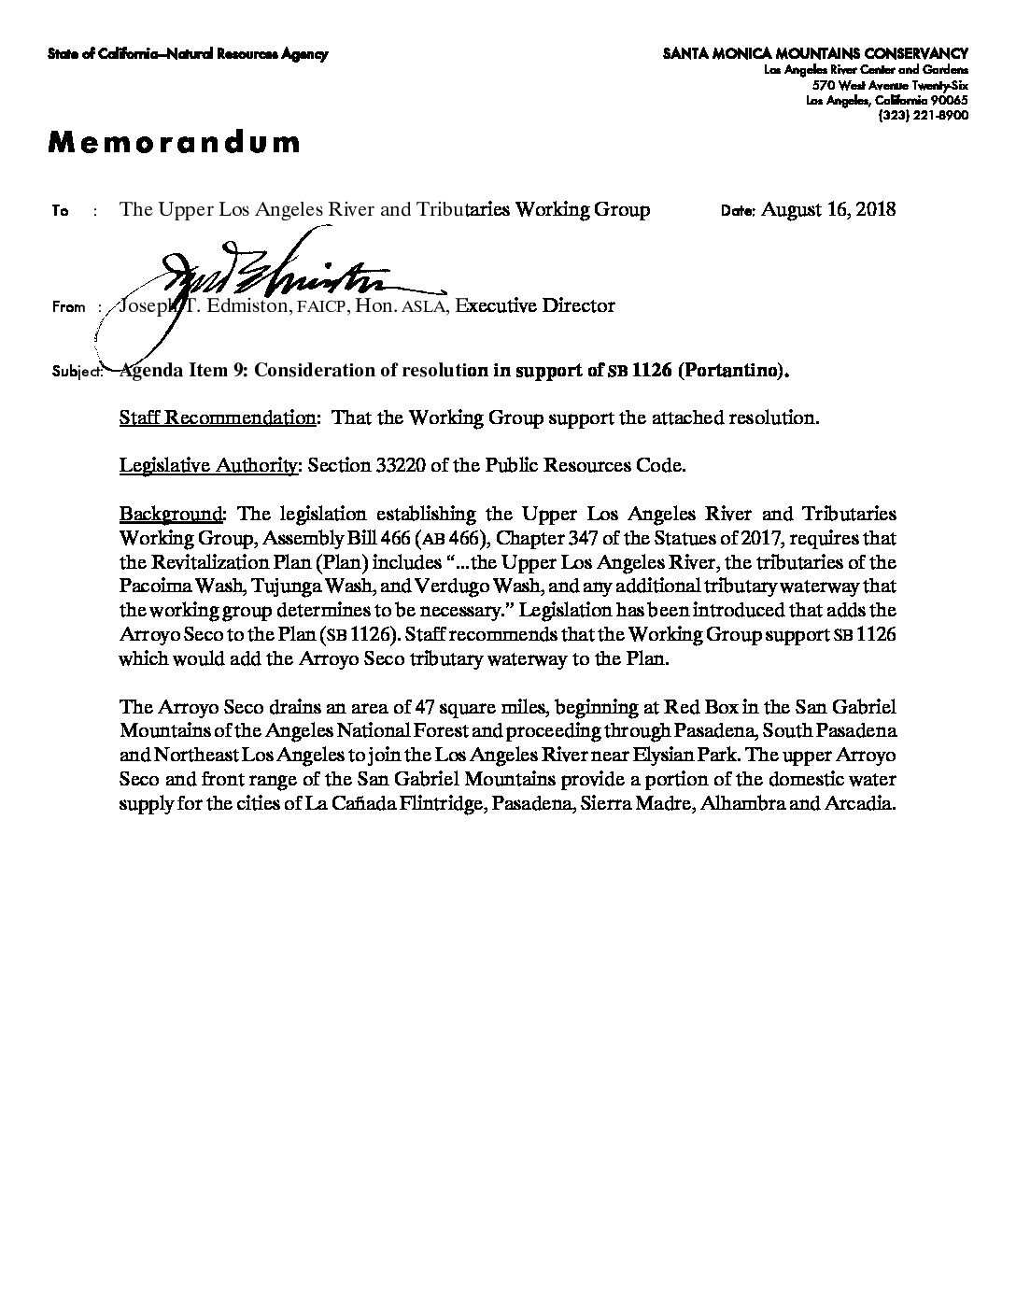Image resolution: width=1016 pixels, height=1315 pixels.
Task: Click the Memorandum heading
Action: (175, 142)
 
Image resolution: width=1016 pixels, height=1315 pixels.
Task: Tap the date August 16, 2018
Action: (828, 208)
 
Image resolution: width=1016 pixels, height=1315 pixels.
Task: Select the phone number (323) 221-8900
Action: (923, 115)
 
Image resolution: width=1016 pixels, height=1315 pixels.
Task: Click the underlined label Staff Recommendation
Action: (218, 417)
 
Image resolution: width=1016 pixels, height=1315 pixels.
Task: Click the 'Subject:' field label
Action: (76, 372)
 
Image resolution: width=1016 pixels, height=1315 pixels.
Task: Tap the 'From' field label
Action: (69, 307)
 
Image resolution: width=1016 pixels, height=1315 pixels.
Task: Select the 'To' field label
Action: (61, 211)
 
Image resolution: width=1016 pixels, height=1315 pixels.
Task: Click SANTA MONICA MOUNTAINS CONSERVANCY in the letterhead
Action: (815, 54)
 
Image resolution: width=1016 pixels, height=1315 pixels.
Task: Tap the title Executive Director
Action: (535, 305)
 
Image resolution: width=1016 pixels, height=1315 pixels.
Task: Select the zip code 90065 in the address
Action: (950, 100)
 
